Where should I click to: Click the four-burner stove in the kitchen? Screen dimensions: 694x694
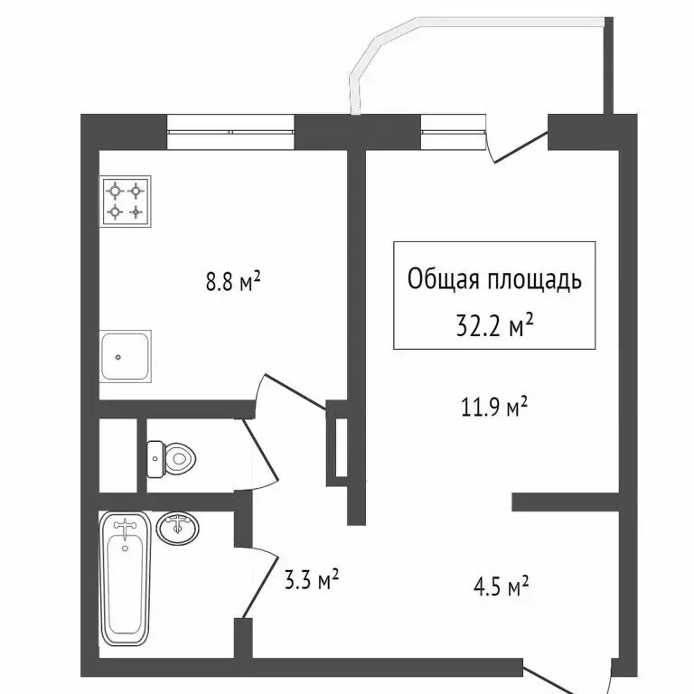(126, 202)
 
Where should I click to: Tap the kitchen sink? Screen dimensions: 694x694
(126, 356)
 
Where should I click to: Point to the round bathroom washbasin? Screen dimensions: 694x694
(179, 528)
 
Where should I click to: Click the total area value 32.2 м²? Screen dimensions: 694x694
(494, 323)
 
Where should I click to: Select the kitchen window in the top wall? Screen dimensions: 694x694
(231, 132)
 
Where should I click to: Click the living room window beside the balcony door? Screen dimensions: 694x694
(452, 132)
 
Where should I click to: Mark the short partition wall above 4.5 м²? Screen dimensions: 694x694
(565, 501)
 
